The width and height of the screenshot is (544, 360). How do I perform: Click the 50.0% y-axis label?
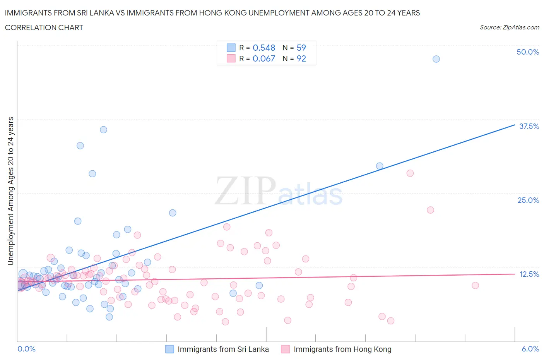click(528, 52)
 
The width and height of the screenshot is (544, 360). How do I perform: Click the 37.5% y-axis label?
click(529, 126)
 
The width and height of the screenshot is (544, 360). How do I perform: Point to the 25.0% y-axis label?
click(528, 200)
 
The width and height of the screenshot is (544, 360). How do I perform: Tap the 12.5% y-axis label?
click(529, 274)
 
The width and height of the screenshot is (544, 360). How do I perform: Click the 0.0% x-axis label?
click(26, 349)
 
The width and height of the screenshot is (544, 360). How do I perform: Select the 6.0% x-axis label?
click(530, 349)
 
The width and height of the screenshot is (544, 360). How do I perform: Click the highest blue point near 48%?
click(436, 59)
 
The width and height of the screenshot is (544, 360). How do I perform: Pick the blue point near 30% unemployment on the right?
click(380, 166)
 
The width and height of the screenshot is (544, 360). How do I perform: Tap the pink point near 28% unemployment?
click(410, 173)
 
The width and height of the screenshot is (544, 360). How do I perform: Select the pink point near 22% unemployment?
click(430, 210)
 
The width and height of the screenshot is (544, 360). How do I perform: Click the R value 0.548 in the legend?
click(264, 48)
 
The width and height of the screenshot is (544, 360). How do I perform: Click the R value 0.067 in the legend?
click(264, 58)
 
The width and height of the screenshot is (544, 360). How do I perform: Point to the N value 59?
click(301, 48)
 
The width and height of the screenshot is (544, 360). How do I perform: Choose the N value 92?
click(301, 58)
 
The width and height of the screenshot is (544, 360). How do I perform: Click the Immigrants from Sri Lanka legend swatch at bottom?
click(169, 349)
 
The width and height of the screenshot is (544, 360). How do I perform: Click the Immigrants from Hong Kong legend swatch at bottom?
click(286, 349)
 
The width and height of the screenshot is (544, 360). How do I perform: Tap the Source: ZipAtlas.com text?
click(509, 27)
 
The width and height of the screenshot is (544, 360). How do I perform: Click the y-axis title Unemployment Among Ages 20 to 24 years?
click(10, 191)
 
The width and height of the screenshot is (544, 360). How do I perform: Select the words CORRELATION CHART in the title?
click(44, 27)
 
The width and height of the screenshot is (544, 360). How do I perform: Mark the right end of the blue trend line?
click(515, 125)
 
